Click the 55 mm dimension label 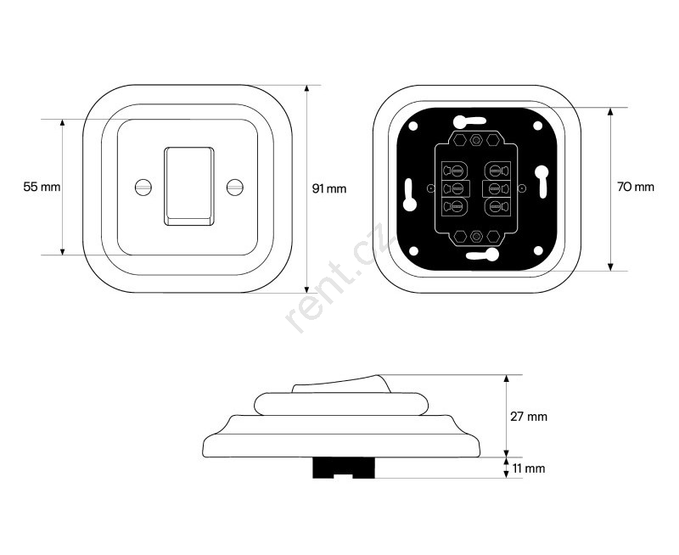point(42,187)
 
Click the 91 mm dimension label point(329,188)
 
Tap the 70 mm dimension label point(635,187)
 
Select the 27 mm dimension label point(529,417)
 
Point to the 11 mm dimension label point(528,468)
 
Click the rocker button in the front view point(188,186)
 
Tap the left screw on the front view point(143,187)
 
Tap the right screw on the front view point(235,187)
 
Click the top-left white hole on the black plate point(413,126)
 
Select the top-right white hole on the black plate point(537,126)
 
